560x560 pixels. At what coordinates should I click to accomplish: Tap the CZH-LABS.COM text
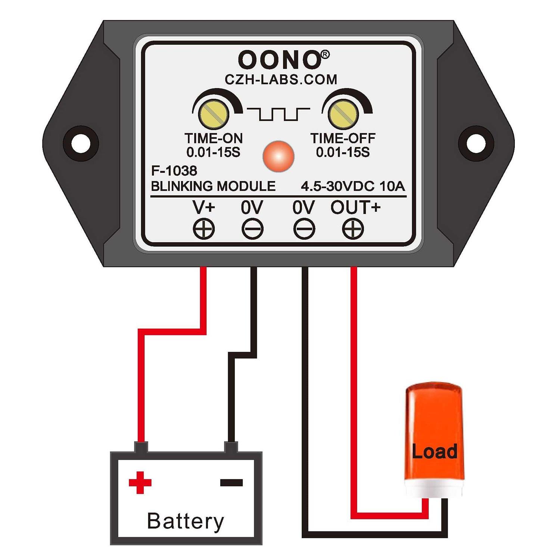pyautogui.click(x=281, y=80)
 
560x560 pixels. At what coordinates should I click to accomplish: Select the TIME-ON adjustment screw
pyautogui.click(x=214, y=114)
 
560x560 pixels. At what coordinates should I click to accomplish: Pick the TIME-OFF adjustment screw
pyautogui.click(x=343, y=114)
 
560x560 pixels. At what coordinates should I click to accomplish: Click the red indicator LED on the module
pyautogui.click(x=279, y=156)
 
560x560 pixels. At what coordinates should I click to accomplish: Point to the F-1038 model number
pyautogui.click(x=174, y=171)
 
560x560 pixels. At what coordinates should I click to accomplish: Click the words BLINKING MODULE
pyautogui.click(x=213, y=186)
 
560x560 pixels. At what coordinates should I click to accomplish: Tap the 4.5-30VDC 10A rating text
pyautogui.click(x=353, y=186)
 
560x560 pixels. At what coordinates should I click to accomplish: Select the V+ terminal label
pyautogui.click(x=204, y=208)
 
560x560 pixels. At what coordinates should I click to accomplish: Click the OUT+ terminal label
pyautogui.click(x=355, y=208)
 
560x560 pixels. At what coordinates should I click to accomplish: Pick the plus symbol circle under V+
pyautogui.click(x=204, y=228)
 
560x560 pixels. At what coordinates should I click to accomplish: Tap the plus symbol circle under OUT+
pyautogui.click(x=353, y=228)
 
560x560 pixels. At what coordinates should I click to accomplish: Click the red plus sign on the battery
pyautogui.click(x=140, y=483)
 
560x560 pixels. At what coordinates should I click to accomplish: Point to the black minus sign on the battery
pyautogui.click(x=231, y=483)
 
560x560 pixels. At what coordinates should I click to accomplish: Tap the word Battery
pyautogui.click(x=186, y=521)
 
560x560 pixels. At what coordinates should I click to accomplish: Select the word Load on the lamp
pyautogui.click(x=435, y=451)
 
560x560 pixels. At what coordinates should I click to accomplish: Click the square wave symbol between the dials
pyautogui.click(x=279, y=114)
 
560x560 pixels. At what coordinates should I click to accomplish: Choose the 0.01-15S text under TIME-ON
pyautogui.click(x=213, y=152)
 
